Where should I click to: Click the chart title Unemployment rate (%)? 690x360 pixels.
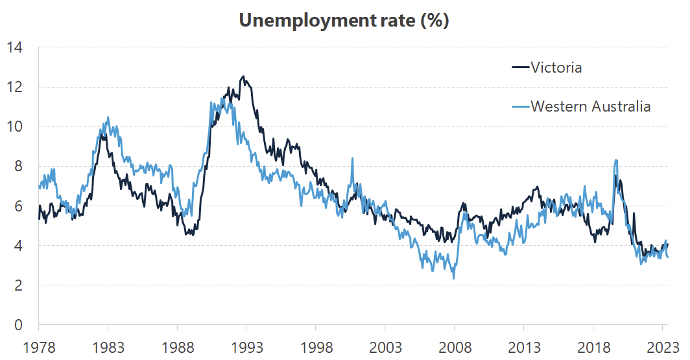point(344,20)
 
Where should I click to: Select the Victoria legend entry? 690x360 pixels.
point(556,67)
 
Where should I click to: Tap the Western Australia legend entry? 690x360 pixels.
point(590,106)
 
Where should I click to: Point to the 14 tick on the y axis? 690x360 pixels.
point(14,47)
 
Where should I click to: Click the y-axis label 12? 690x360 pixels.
point(14,87)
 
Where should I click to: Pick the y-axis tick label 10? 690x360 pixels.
point(14,126)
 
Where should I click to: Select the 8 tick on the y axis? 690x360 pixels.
point(18,166)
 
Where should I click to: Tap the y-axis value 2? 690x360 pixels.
point(18,285)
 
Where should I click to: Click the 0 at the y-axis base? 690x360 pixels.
point(18,324)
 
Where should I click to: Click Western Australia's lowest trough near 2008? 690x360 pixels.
point(454,278)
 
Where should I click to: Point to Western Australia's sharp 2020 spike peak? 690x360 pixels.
point(615,160)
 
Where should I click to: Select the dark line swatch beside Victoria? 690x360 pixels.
point(519,67)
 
